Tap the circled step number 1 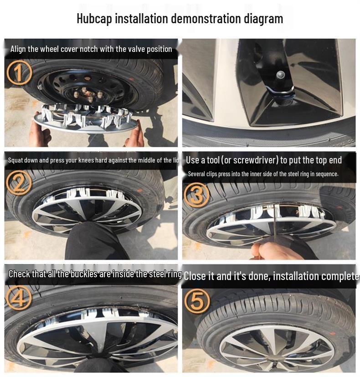coord(19,73)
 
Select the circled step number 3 coord(196,194)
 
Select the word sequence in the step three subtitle coord(326,174)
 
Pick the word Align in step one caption coord(18,49)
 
